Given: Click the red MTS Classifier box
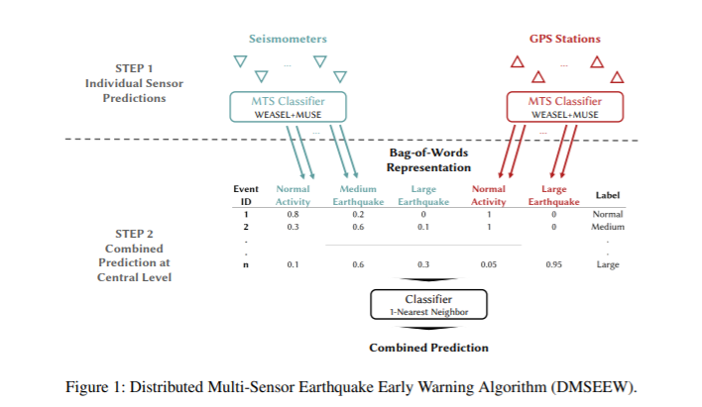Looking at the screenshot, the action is pos(564,106).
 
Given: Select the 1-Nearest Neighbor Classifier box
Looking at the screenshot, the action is pos(429,303).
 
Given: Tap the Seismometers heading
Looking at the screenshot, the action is pos(288,39).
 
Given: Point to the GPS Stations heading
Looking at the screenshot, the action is pos(564,39).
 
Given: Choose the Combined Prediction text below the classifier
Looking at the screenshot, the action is pos(428,348).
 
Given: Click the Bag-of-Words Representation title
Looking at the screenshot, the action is pos(427,160).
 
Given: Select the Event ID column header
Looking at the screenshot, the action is pos(246,194).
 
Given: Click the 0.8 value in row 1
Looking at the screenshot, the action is pos(292,214).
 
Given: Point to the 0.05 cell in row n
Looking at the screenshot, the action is pos(488,264).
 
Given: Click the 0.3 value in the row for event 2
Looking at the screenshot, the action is pos(292,227).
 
